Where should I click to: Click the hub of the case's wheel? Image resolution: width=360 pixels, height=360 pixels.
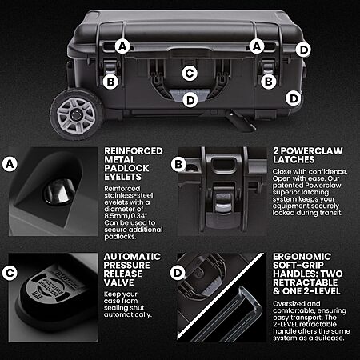(76, 115)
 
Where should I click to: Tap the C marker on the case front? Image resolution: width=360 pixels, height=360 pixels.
(190, 74)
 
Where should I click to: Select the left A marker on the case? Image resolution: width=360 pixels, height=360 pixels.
(122, 46)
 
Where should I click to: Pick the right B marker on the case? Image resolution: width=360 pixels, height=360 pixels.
(269, 82)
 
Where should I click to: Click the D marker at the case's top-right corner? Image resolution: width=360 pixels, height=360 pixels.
(303, 50)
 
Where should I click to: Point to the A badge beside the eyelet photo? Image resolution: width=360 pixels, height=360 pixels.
(10, 164)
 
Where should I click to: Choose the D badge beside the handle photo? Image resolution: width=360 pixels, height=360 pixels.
(178, 273)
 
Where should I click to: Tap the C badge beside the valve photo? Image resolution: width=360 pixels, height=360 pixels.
(10, 273)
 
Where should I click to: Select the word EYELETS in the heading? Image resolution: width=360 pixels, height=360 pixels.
(122, 177)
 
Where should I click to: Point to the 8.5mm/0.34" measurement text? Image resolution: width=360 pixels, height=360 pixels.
(123, 216)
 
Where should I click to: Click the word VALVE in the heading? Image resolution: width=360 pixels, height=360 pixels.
(118, 282)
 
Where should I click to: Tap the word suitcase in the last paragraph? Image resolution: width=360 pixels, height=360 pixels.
(329, 338)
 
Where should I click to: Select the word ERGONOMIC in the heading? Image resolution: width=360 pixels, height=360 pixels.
(302, 257)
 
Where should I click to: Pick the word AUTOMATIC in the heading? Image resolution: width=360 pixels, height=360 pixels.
(132, 257)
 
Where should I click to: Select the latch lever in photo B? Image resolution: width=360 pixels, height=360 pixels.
(223, 203)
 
